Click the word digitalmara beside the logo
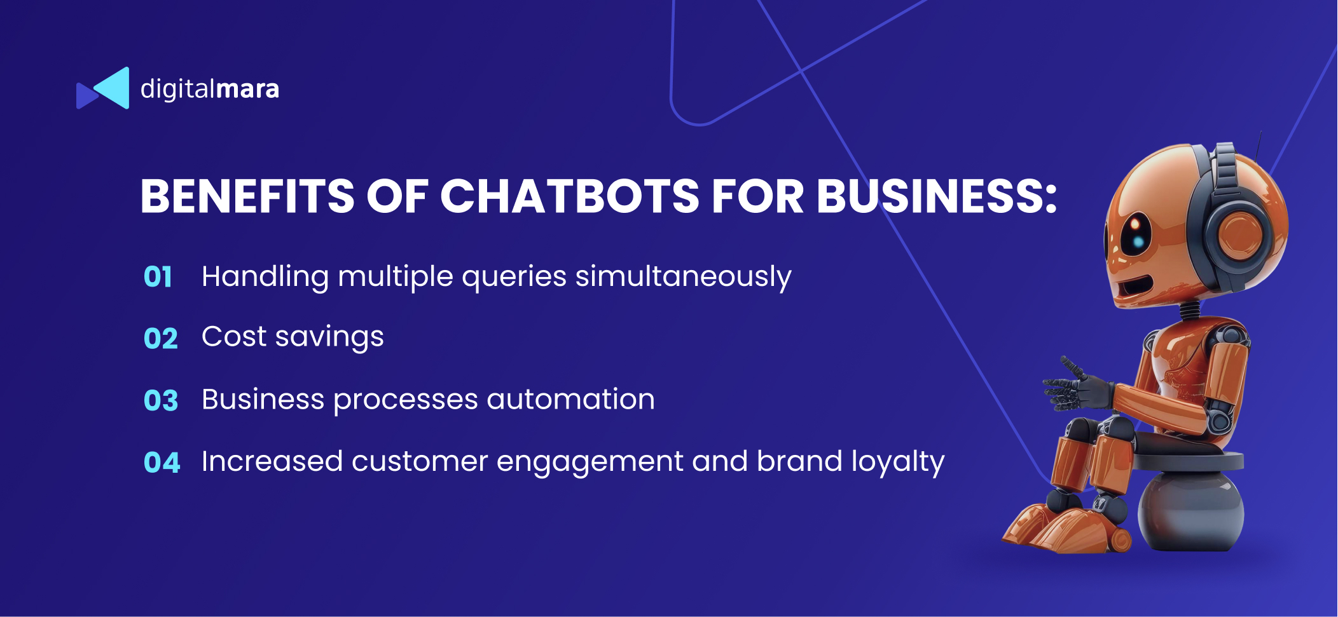[210, 90]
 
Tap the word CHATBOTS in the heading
[570, 196]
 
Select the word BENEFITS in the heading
[247, 196]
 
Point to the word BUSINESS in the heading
[929, 196]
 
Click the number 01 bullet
[158, 277]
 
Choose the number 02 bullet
[160, 339]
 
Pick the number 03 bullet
[161, 400]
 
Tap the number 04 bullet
[162, 462]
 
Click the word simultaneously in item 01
[684, 277]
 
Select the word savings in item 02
[329, 337]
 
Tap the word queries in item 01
[514, 278]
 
